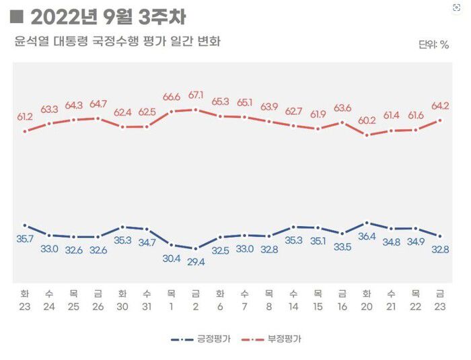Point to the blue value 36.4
(366, 236)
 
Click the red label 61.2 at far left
(25, 116)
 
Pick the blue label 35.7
(25, 239)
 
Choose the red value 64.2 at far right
(440, 106)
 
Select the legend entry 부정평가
(285, 340)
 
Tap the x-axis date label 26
(98, 306)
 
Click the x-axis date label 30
(122, 306)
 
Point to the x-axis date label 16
(342, 306)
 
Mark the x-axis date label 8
(268, 306)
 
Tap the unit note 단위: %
(433, 44)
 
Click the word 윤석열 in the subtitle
(30, 42)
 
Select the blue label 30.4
(171, 259)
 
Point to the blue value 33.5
(342, 247)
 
